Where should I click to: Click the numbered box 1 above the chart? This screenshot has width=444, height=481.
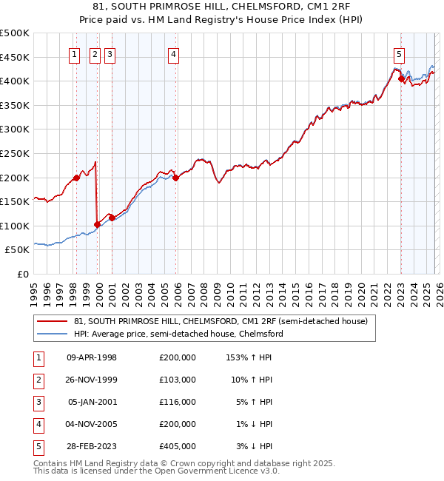click(75, 53)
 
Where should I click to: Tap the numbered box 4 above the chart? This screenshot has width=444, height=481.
click(172, 53)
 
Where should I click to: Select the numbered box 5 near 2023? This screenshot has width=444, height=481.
click(399, 53)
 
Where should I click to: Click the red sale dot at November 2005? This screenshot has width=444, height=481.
click(176, 178)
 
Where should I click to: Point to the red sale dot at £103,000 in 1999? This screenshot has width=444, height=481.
click(98, 224)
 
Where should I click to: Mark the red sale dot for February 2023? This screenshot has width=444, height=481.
click(401, 78)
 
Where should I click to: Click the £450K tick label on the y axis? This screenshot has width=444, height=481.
click(14, 57)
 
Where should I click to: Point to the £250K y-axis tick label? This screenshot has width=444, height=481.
click(14, 153)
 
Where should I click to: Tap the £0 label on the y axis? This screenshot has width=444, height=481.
click(21, 275)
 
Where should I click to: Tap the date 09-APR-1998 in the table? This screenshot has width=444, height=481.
click(92, 357)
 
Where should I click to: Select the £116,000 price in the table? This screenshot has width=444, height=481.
click(177, 402)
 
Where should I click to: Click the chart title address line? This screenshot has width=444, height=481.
click(222, 6)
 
